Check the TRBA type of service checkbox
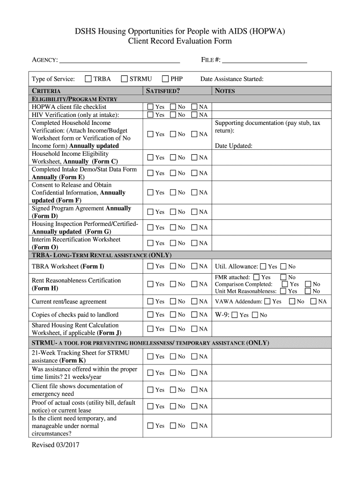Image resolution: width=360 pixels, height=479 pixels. coord(88,79)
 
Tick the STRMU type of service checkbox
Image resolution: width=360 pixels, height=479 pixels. coord(124,79)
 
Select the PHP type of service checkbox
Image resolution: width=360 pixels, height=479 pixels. coord(165,79)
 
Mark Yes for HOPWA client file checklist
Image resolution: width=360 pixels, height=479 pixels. coord(150,107)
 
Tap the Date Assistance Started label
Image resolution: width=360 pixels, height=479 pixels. coord(232,79)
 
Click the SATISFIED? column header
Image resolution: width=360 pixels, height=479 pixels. coord(163,91)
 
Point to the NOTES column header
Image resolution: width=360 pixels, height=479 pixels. coord(225,91)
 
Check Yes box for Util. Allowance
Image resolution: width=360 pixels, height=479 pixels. coord(263,267)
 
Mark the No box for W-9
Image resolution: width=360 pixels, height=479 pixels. coord(255,315)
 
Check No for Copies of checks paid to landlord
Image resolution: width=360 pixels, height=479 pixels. coord(173,315)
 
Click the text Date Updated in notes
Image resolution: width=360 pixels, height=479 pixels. coord(233,145)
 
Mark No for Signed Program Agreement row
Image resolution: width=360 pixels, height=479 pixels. coord(173,212)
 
